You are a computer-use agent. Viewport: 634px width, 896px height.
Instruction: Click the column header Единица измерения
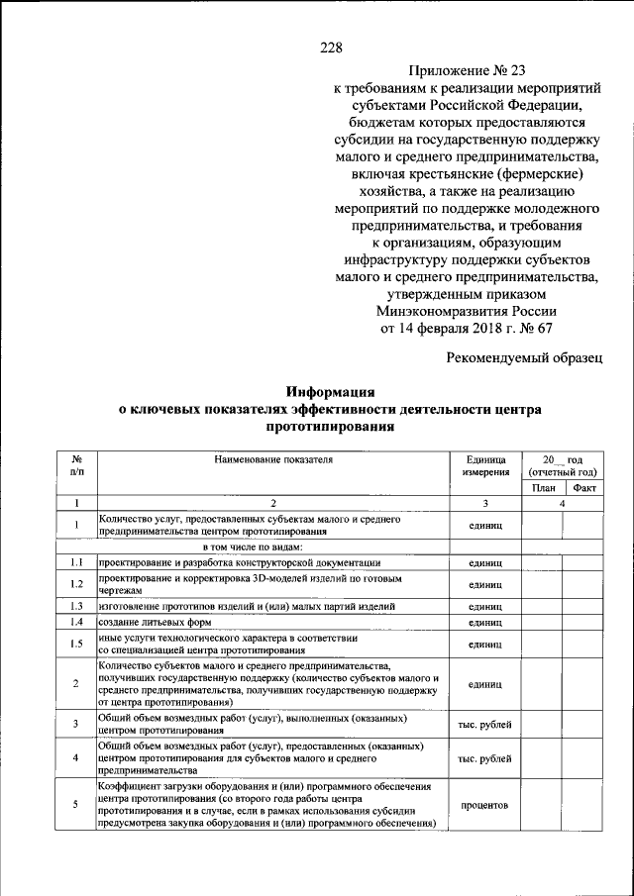pos(483,465)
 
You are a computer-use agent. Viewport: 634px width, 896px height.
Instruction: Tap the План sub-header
pos(542,488)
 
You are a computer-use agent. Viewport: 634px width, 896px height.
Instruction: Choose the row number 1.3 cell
pos(75,605)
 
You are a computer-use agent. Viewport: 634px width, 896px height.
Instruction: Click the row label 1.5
pos(75,644)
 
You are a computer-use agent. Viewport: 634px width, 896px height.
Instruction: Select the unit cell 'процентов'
pos(483,805)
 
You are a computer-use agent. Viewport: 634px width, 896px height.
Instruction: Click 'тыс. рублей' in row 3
pos(483,725)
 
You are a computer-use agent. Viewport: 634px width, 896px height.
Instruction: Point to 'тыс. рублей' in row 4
pos(483,759)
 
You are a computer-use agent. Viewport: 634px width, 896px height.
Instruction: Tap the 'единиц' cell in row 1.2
pos(483,584)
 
